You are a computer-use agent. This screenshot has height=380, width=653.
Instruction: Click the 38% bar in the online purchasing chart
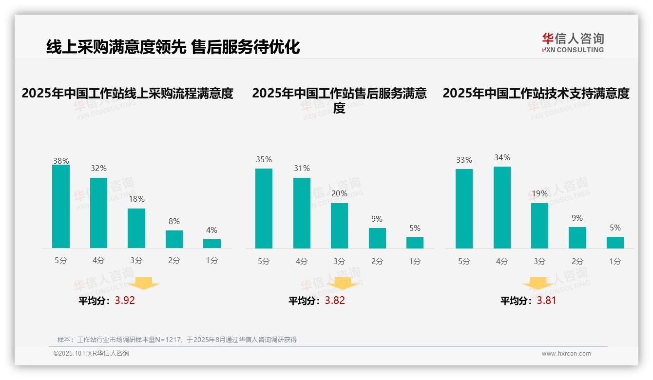[x=61, y=207]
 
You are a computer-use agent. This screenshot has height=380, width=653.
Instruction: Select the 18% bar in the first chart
[x=136, y=228]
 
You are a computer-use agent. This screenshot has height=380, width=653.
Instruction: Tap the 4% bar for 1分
[x=212, y=244]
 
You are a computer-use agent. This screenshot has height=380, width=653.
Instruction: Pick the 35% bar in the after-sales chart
[x=264, y=209]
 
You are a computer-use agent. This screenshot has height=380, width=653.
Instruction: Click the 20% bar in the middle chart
[x=339, y=226]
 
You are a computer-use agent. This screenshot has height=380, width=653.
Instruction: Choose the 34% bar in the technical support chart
[x=502, y=208]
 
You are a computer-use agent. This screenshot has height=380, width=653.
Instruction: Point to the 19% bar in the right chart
[x=539, y=226]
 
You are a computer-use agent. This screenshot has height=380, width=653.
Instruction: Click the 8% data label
[x=174, y=221]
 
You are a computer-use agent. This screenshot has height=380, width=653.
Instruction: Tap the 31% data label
[x=302, y=169]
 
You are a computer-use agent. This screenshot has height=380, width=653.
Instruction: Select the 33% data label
[x=464, y=160]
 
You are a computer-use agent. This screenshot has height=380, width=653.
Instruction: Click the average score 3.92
[x=125, y=301]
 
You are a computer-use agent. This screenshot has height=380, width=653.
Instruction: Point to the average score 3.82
[x=335, y=301]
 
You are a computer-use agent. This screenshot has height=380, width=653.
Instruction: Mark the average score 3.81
[x=546, y=301]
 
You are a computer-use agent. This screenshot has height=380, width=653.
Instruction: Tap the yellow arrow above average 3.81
[x=538, y=284]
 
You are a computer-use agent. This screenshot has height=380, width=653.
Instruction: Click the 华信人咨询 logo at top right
[x=573, y=42]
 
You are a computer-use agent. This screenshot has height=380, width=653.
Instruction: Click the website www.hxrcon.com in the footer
[x=566, y=354]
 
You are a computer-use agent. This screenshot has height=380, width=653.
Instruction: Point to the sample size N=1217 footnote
[x=177, y=340]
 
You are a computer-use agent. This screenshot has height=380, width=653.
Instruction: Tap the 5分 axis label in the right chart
[x=464, y=262]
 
